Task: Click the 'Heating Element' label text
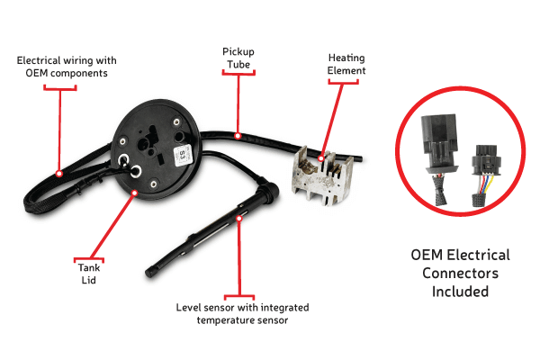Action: click(346, 64)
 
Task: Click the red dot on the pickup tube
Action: click(238, 136)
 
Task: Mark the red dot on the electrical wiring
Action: click(58, 173)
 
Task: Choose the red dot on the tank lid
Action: click(134, 192)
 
